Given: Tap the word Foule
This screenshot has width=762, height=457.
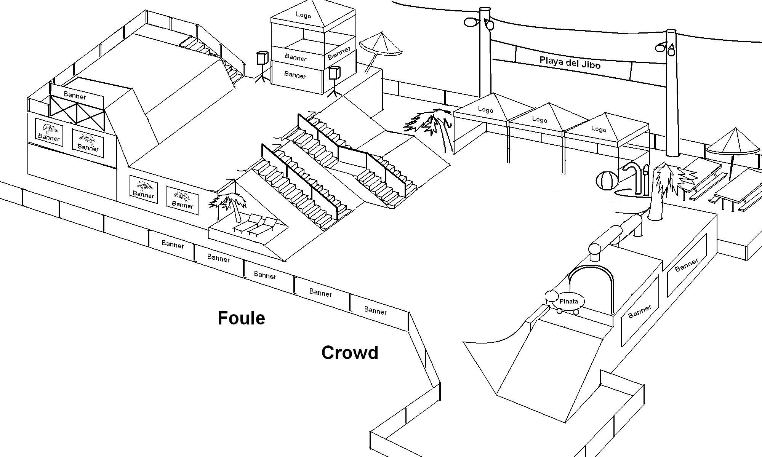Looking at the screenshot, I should [241, 318].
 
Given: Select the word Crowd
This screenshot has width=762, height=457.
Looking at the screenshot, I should [350, 353].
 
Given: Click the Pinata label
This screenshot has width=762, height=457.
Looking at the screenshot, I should [568, 301].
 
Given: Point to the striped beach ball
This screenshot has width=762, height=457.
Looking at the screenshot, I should [606, 181].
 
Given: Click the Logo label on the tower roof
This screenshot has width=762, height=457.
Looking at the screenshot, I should [303, 15].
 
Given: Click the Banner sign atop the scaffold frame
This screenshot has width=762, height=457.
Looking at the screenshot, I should [75, 96].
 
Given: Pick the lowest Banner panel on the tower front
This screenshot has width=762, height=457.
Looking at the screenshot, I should [295, 75].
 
